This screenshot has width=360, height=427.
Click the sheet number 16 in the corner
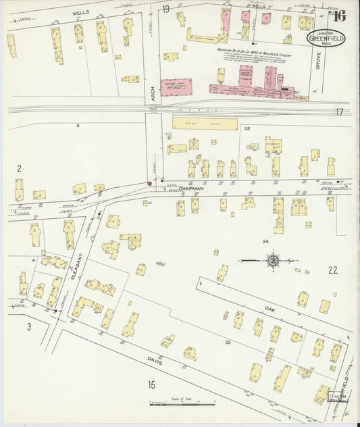point(340,17)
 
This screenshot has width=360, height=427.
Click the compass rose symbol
point(272,258)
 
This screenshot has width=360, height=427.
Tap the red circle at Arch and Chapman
point(149,183)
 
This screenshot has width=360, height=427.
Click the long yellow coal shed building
point(205,124)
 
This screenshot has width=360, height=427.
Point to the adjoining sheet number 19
point(165,9)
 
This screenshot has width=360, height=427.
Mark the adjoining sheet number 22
point(332,270)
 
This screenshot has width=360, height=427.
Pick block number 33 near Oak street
point(228,343)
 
